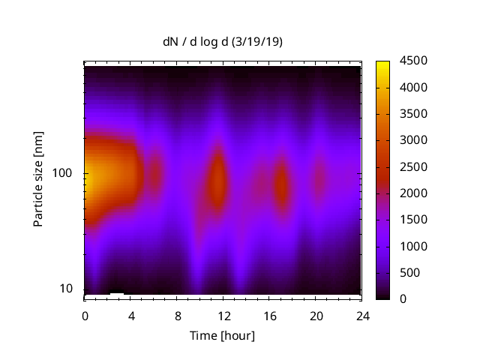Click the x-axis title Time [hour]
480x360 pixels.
click(223, 335)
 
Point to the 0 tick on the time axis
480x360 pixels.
click(85, 315)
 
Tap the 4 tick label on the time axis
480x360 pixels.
click(131, 315)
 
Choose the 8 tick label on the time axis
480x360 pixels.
click(178, 315)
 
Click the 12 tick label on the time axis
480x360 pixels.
click(223, 315)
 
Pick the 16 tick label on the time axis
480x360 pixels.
click(270, 315)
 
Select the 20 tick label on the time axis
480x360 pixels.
click(316, 315)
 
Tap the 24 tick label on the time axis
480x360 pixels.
click(362, 315)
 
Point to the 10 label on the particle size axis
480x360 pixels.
click(65, 289)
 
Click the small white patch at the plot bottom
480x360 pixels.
click(117, 293)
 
